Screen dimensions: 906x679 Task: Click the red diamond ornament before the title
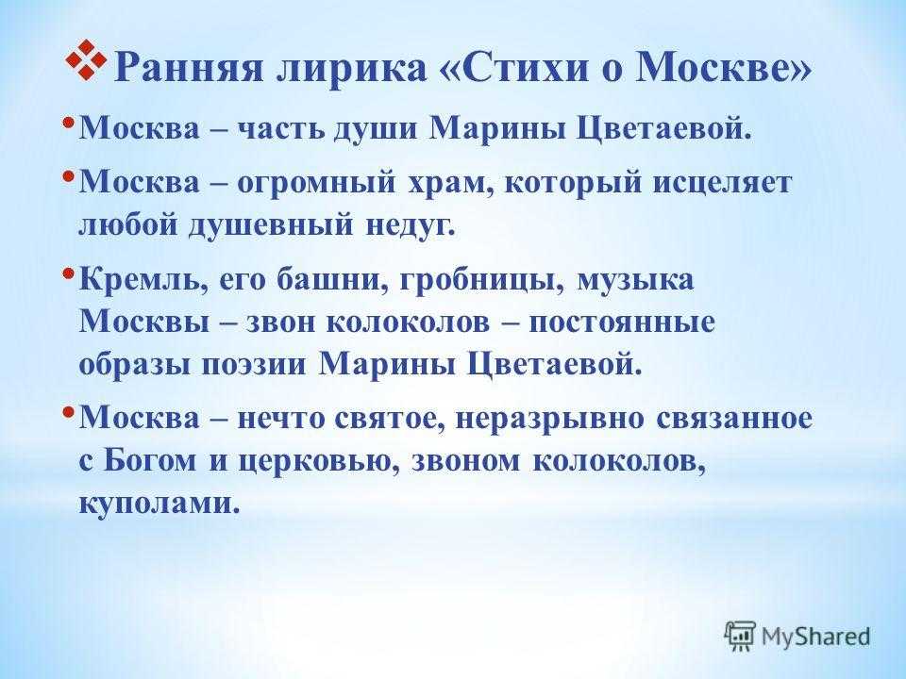(86, 59)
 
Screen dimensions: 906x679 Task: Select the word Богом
(150, 461)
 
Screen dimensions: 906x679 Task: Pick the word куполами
(159, 503)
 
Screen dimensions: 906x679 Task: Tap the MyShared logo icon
(740, 637)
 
